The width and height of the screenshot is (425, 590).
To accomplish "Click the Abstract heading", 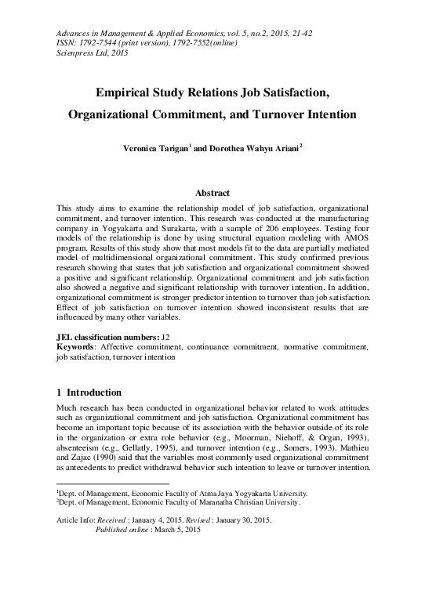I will [x=212, y=193].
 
